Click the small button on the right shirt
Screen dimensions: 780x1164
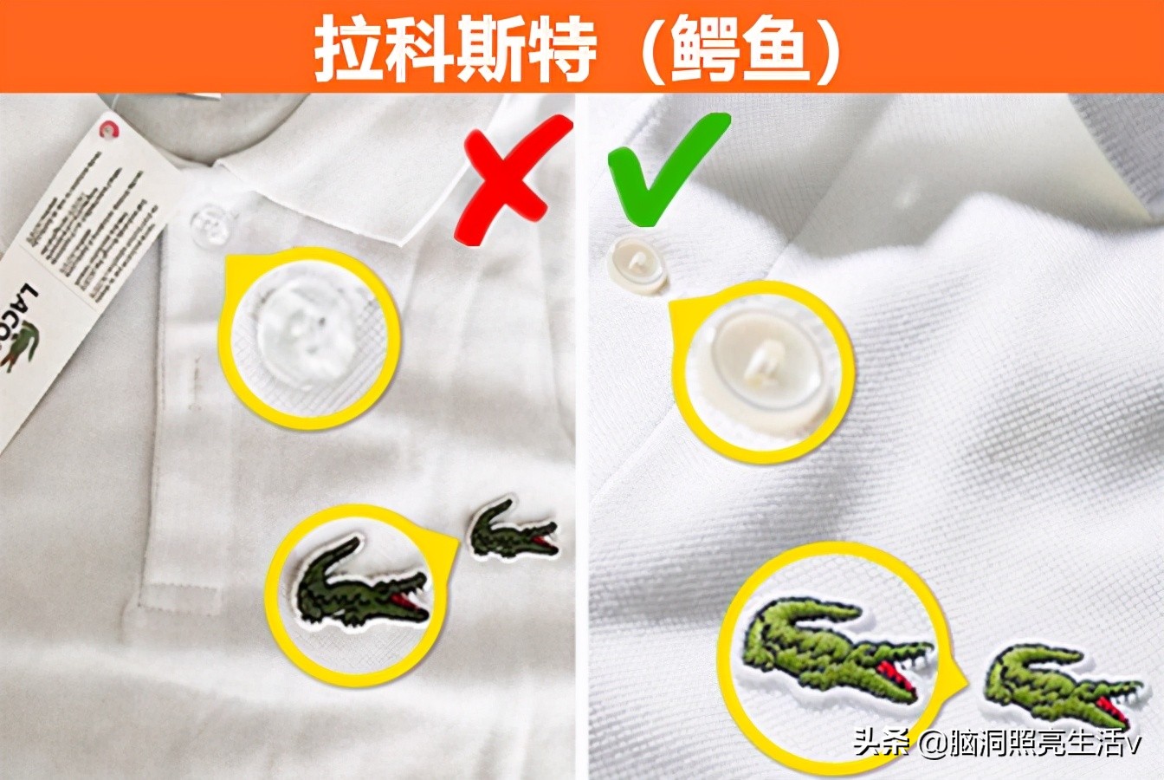[x=638, y=266]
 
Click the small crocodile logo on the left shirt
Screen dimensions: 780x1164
[x=512, y=530]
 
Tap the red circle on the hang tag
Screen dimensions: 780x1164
[x=109, y=129]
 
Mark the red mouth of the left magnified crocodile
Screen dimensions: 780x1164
[x=407, y=603]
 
